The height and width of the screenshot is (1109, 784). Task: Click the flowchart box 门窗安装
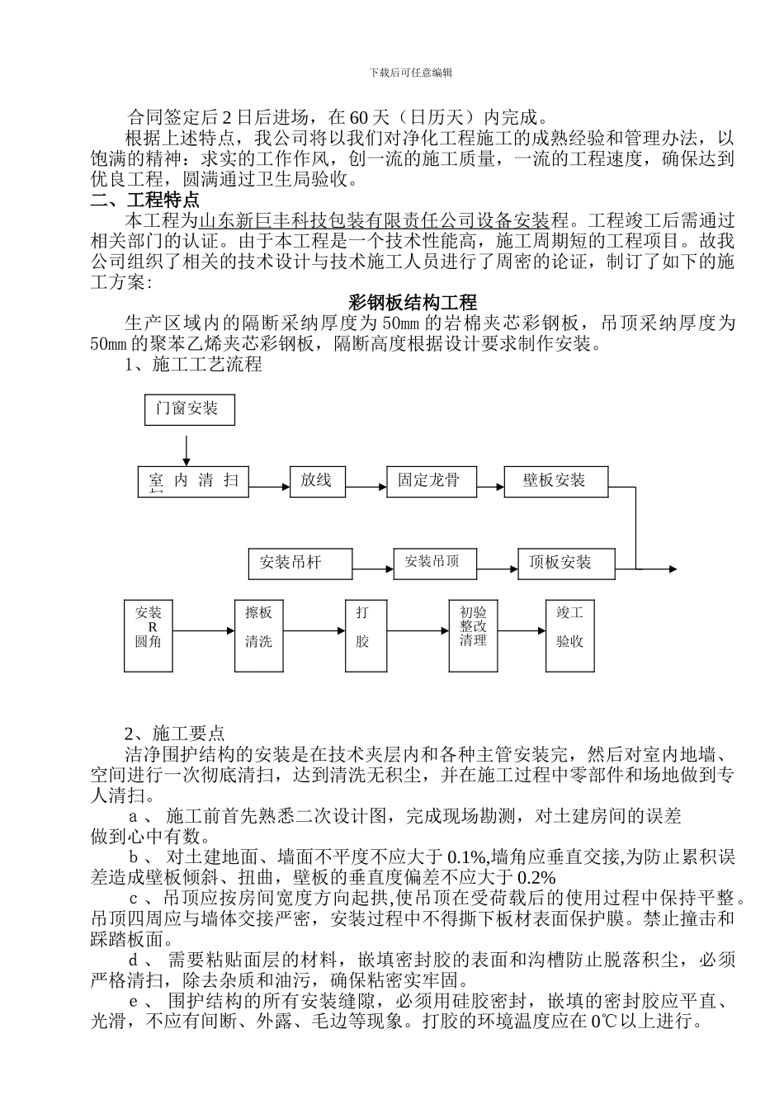189,409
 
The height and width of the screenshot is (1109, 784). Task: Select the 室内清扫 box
193,481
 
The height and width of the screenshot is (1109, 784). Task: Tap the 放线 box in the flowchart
317,481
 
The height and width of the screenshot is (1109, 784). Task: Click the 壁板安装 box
556,481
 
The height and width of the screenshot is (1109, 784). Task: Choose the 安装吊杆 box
300,564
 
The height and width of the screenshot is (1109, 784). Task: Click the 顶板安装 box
566,564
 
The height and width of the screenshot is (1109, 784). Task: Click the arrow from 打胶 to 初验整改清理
417,632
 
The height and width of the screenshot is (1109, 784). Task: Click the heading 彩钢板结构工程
413,303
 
